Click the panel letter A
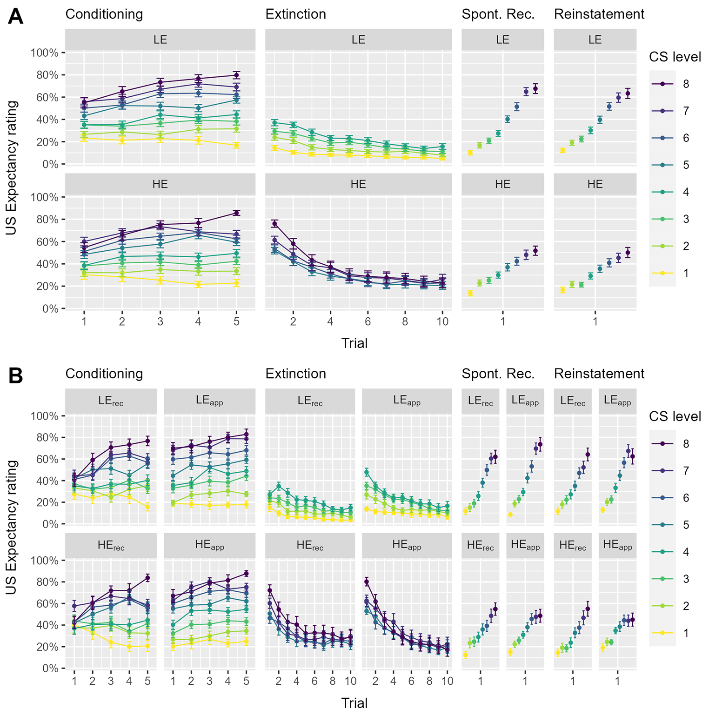[16, 17]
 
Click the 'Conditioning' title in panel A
[104, 14]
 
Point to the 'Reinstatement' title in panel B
[599, 374]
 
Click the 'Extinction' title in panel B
[296, 374]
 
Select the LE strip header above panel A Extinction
[358, 40]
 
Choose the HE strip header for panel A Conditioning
[160, 184]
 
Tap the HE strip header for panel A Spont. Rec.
[503, 184]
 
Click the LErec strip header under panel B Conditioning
[111, 401]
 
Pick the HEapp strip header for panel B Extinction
[407, 546]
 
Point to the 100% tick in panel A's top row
[45, 53]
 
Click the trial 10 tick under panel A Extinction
[442, 321]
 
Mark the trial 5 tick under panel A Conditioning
[236, 321]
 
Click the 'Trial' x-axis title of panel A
[354, 343]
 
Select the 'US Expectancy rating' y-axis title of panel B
[12, 527]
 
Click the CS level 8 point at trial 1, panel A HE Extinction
[274, 224]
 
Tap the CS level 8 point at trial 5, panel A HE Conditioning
[236, 213]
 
